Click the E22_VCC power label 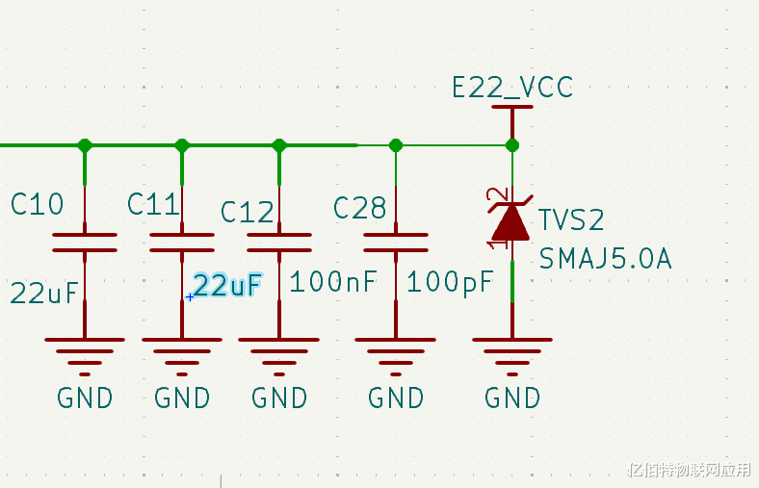(512, 88)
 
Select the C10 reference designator (38, 204)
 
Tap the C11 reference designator (154, 204)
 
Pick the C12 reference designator (248, 212)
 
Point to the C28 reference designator (360, 208)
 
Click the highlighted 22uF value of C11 (227, 285)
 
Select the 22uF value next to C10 (44, 293)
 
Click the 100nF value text (333, 282)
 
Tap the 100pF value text (450, 282)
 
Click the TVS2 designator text (571, 220)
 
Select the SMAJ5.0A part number (605, 259)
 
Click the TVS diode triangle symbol (510, 221)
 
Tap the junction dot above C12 (279, 145)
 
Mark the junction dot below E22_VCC (512, 145)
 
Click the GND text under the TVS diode (512, 398)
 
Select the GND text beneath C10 (85, 398)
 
